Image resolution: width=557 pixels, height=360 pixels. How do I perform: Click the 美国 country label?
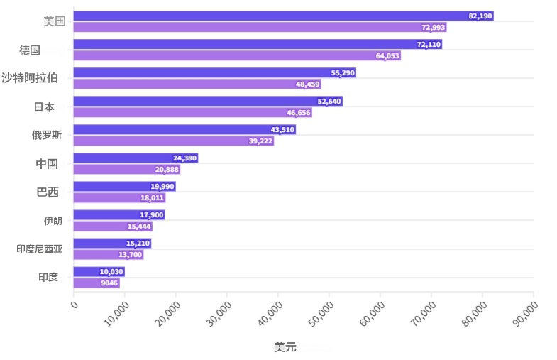tap(55, 21)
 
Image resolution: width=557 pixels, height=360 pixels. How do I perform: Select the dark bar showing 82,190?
tap(284, 16)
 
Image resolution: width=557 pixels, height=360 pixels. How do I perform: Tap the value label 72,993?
tap(433, 28)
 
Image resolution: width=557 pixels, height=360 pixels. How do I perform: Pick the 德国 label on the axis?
tap(30, 50)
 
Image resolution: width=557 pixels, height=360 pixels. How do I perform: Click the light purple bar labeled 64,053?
tap(237, 55)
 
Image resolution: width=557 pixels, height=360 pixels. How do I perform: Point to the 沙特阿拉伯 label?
tap(30, 77)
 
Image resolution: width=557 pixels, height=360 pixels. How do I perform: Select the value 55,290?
tap(343, 73)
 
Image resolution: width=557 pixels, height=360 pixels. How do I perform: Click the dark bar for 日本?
tap(208, 101)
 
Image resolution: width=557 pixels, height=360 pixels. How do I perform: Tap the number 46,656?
tap(299, 113)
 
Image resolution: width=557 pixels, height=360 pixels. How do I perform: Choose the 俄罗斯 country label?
tap(47, 135)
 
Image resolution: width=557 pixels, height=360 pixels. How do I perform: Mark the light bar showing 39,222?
tap(174, 141)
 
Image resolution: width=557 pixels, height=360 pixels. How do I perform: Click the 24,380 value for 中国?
tap(184, 158)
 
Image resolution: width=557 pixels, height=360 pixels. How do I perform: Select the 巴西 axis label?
tap(48, 192)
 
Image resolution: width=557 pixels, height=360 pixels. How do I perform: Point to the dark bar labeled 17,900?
tap(119, 214)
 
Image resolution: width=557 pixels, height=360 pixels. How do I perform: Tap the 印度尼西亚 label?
tap(40, 249)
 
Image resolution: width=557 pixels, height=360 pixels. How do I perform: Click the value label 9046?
tap(109, 283)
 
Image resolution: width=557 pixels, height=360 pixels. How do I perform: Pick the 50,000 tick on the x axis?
tap(321, 314)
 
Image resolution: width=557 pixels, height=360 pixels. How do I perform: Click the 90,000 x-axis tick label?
tap(525, 314)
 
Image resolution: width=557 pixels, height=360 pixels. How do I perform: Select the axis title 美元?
tap(285, 347)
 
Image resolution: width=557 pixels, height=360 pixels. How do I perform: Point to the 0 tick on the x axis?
tap(75, 305)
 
